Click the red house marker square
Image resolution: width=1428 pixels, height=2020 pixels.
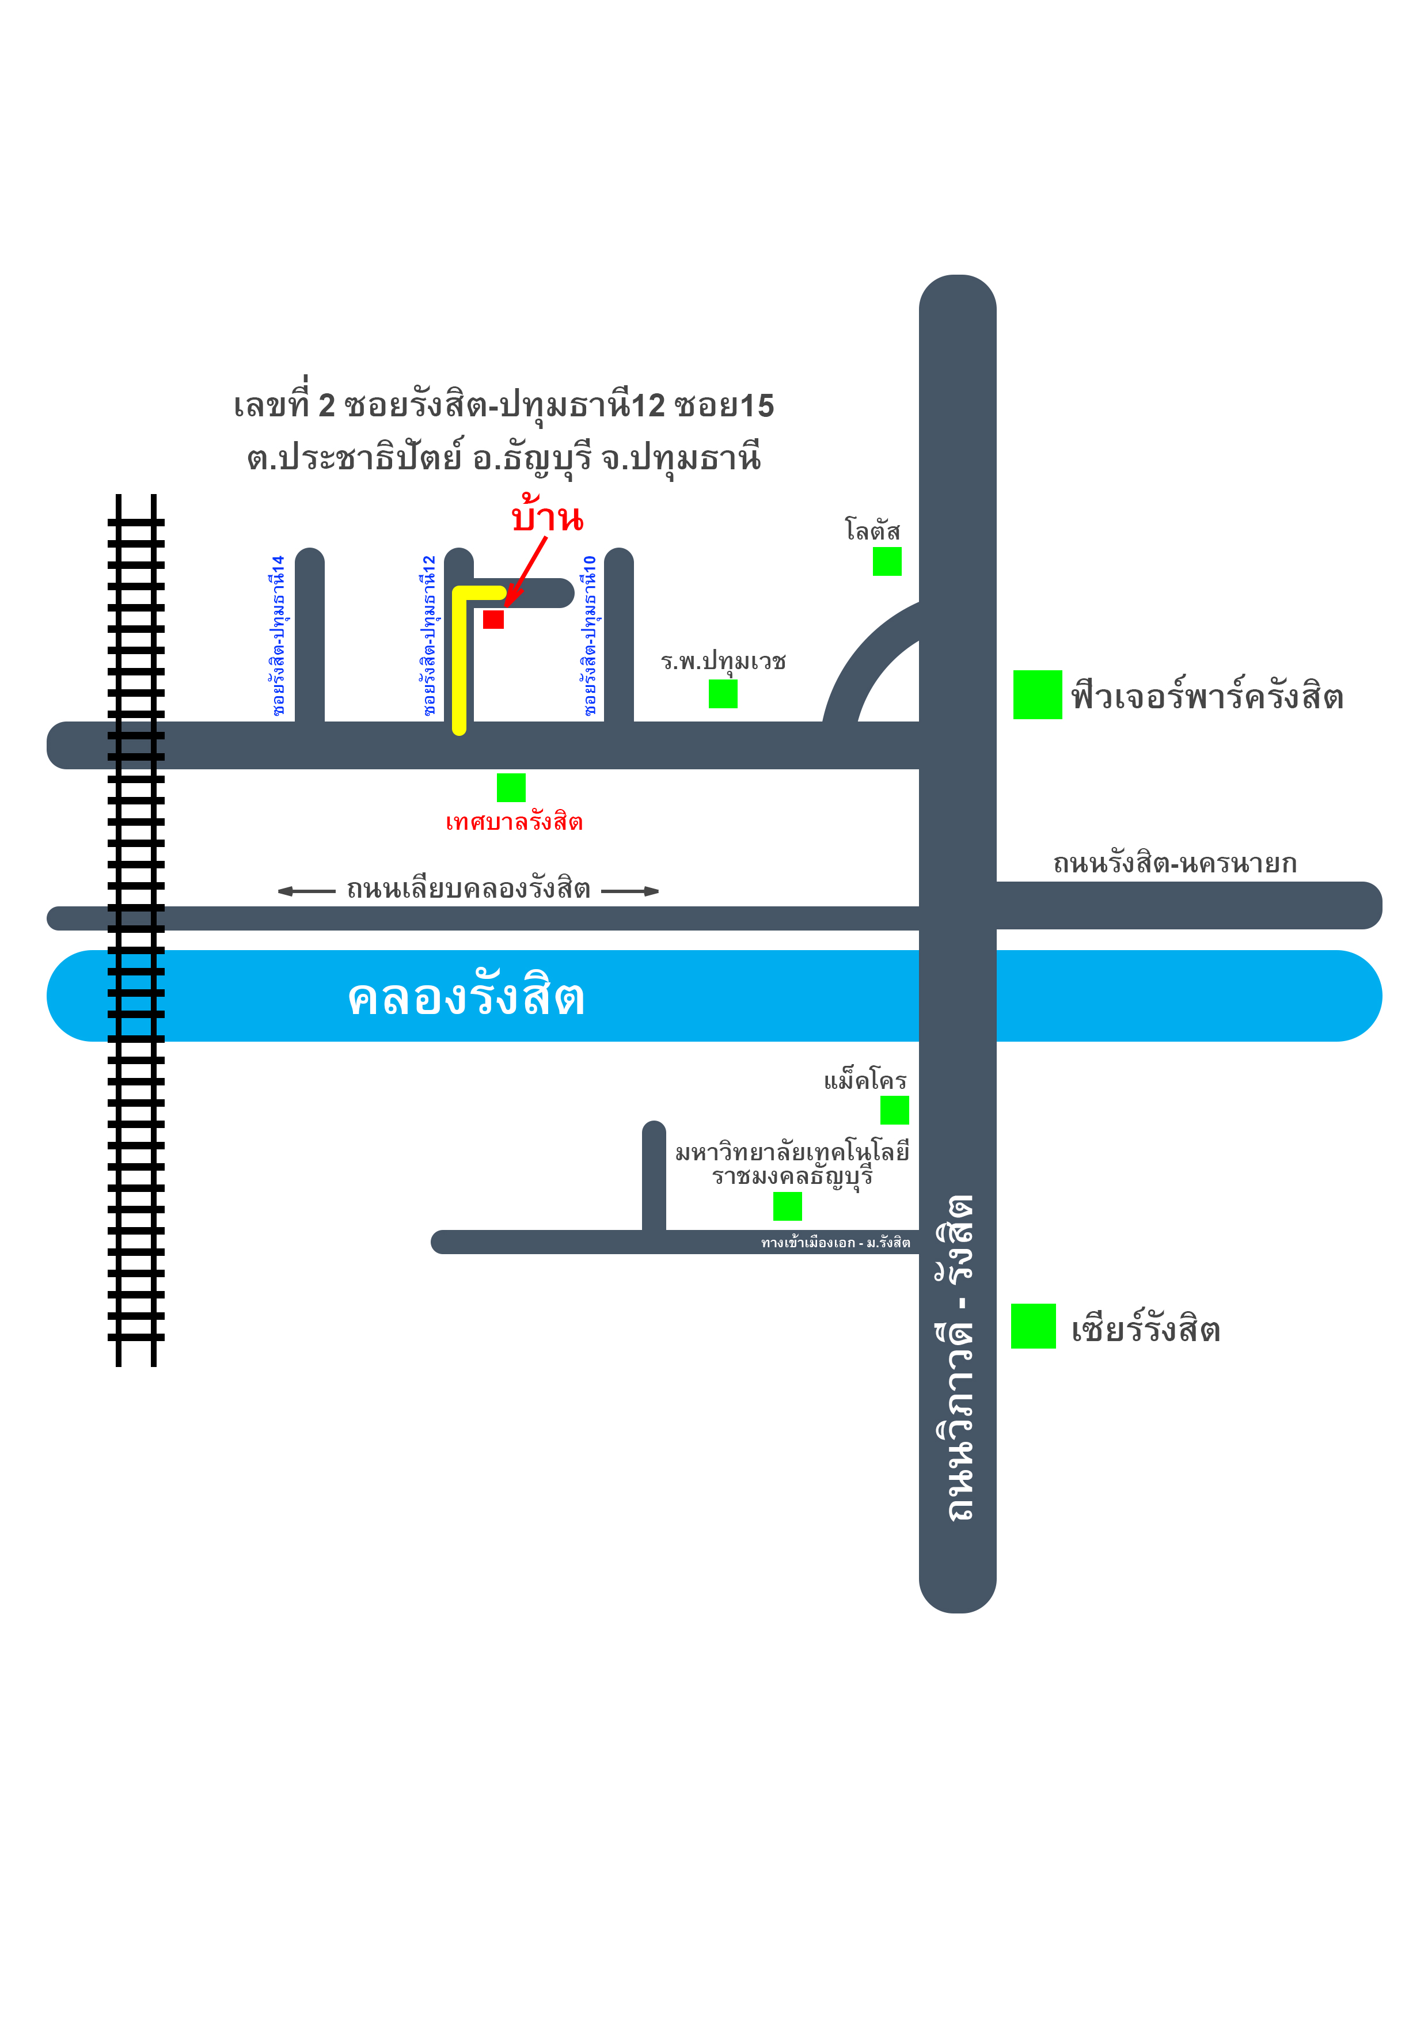(x=493, y=620)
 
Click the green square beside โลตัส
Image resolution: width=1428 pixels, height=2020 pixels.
(x=887, y=561)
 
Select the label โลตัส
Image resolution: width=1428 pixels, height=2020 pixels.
(x=873, y=530)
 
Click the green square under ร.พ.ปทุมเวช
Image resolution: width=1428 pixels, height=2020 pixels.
(x=723, y=693)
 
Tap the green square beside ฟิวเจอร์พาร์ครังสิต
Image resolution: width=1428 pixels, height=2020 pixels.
(x=1038, y=695)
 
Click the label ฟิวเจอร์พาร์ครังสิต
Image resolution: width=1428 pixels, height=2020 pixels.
(x=1207, y=695)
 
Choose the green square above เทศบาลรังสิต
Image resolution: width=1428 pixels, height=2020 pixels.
(x=511, y=787)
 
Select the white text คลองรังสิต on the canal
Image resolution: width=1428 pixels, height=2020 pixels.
(x=466, y=996)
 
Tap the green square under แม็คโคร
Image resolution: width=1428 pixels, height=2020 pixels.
(x=895, y=1110)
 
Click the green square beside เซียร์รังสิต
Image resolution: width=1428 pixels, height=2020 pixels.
(x=1033, y=1326)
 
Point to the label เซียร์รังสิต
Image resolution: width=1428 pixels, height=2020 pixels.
(x=1146, y=1328)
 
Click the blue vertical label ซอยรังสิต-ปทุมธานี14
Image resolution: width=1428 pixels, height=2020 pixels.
(x=278, y=635)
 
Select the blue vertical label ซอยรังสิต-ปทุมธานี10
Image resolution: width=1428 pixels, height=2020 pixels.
(x=590, y=635)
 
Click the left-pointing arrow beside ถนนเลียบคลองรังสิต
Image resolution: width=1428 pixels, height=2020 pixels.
(x=307, y=891)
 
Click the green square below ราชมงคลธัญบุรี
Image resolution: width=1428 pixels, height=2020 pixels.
(x=788, y=1206)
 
